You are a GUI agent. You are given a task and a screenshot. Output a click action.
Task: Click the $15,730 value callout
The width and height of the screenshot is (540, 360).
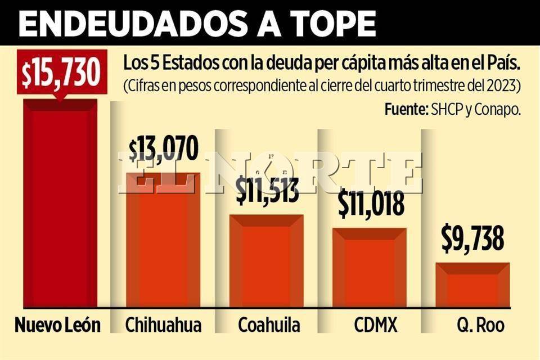pos(60,71)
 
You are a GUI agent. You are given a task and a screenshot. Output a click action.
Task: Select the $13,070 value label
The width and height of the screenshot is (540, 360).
pos(164,149)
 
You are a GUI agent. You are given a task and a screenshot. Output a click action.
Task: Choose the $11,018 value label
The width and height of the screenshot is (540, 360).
pos(371,204)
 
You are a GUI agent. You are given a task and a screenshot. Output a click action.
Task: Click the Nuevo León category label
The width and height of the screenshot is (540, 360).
pos(57,325)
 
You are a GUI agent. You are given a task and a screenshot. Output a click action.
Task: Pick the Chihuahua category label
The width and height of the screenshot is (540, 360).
pos(163,325)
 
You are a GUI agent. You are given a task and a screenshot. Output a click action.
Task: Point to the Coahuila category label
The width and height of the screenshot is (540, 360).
pos(269,325)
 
